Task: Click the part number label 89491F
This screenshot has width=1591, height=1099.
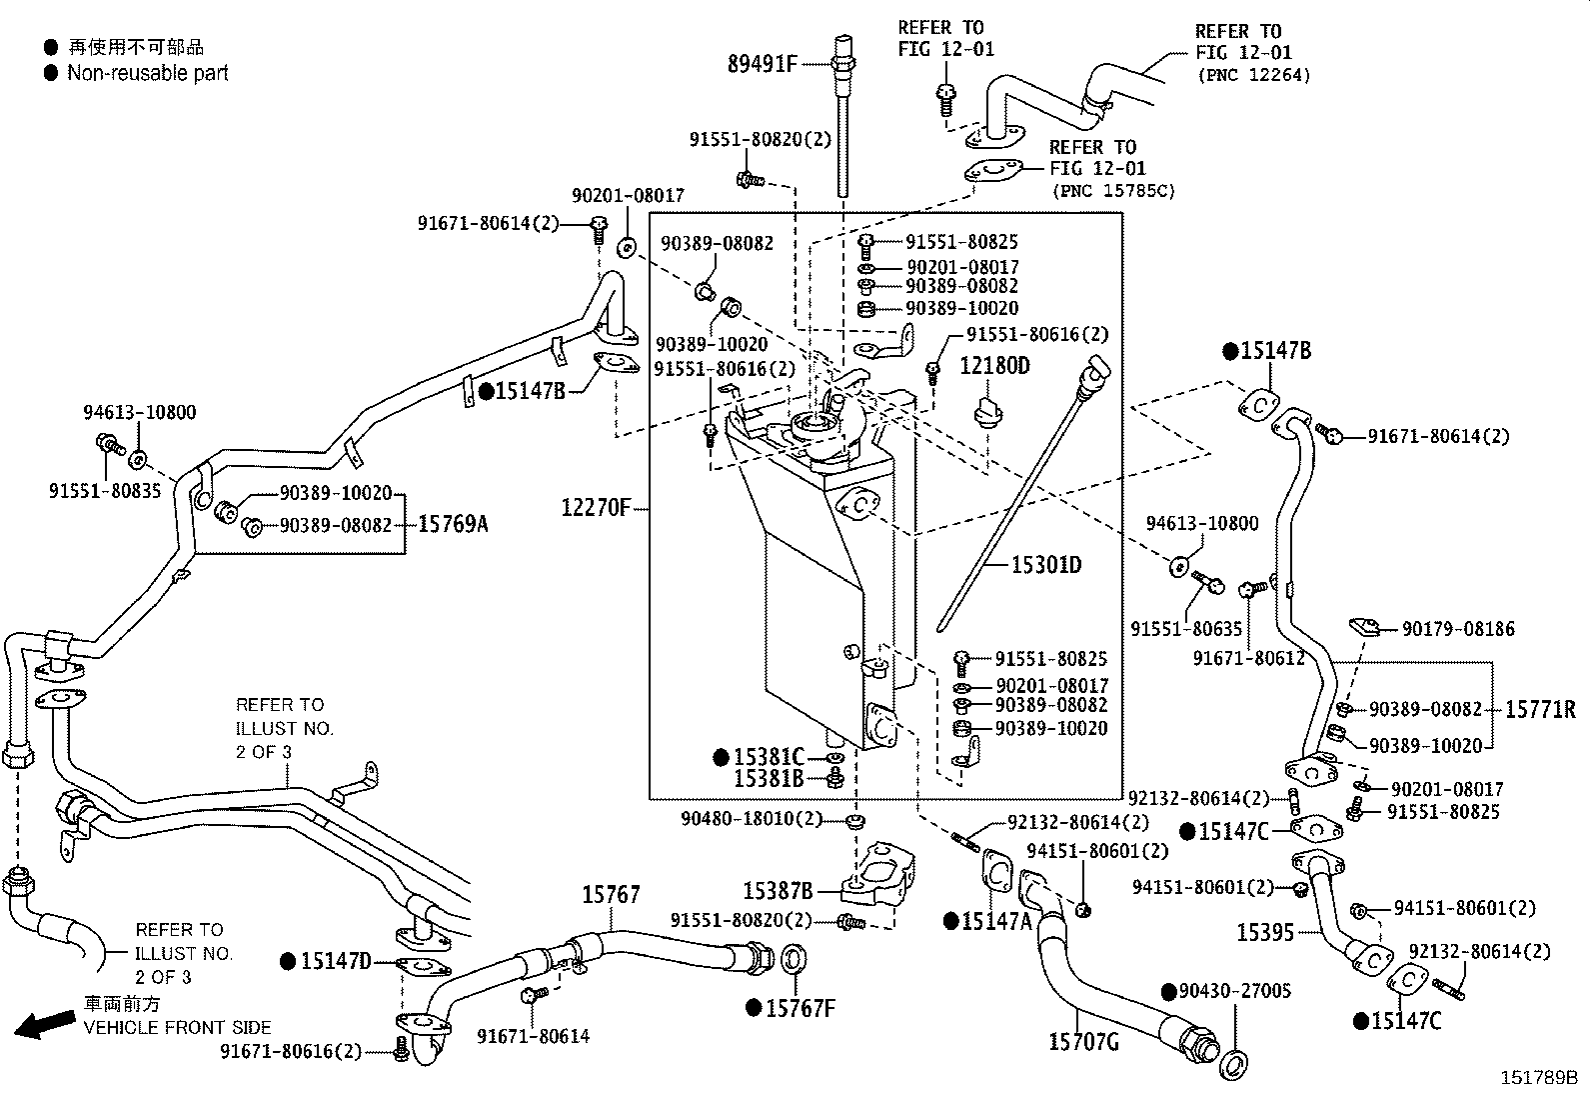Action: (762, 65)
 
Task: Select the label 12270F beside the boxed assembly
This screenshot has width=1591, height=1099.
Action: (595, 508)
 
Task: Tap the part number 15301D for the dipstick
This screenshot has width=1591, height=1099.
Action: (1045, 565)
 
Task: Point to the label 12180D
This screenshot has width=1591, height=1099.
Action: (994, 366)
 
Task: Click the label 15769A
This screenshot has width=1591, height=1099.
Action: (452, 523)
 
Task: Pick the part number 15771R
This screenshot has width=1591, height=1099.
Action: (1540, 710)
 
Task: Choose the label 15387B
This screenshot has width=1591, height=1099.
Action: (778, 890)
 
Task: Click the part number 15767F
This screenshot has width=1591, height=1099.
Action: (799, 1008)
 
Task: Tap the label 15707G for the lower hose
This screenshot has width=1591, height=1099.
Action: (1082, 1042)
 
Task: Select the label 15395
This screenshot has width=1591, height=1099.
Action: (1264, 932)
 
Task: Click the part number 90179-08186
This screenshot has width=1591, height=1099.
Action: (1457, 629)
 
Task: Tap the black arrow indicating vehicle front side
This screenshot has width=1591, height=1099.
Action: (45, 1024)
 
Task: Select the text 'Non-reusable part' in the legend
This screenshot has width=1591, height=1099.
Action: (147, 73)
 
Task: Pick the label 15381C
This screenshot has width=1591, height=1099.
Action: (768, 757)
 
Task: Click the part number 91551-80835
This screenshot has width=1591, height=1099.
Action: (104, 491)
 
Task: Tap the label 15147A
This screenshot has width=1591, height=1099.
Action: (995, 921)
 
